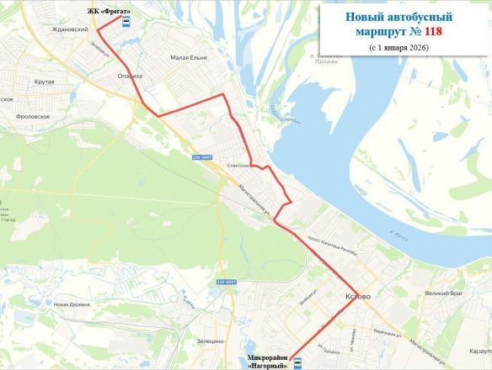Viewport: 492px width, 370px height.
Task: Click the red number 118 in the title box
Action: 433,31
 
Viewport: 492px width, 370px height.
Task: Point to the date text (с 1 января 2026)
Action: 398,48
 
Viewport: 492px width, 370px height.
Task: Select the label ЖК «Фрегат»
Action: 109,11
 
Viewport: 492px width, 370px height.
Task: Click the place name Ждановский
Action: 70,29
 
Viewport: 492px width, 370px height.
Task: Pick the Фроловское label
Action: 33,117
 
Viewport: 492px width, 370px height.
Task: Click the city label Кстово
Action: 357,297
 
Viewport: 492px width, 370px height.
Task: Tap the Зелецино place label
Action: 210,341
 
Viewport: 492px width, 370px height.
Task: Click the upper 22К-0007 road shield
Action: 201,156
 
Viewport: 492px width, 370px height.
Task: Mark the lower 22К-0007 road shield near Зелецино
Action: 226,281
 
